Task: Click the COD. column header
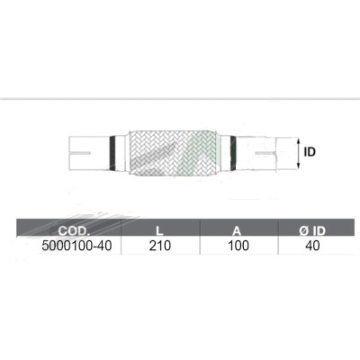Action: click(x=69, y=229)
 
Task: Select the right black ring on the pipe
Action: click(x=229, y=150)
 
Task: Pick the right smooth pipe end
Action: click(x=261, y=151)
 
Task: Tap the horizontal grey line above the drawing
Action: click(x=180, y=96)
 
